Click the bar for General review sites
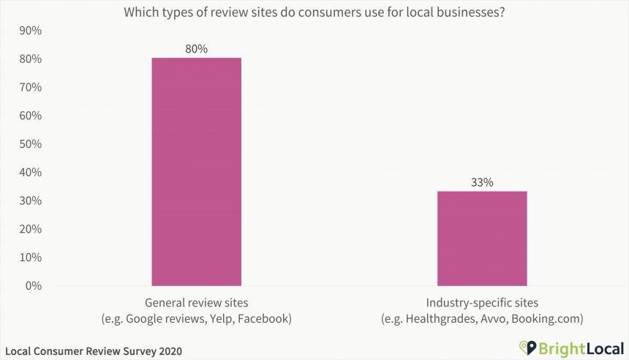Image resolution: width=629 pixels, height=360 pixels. [196, 171]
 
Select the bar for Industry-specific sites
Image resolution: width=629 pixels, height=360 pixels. [482, 238]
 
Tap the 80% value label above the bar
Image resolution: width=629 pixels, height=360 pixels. [196, 49]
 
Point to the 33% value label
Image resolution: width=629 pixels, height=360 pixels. [482, 182]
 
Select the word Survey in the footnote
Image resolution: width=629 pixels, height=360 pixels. [135, 351]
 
